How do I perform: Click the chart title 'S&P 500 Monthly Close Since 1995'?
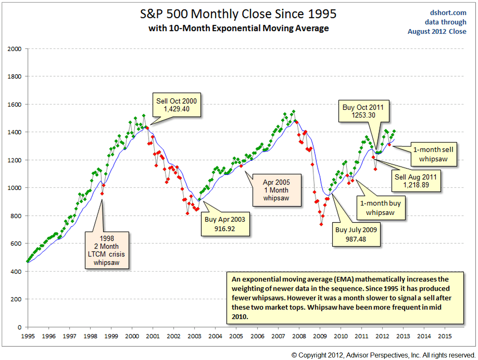(239, 14)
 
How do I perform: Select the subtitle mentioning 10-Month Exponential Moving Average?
(239, 28)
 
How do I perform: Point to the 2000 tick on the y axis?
(15, 49)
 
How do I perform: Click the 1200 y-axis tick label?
(15, 160)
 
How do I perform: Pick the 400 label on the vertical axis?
(16, 271)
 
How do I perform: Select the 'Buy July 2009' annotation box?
(357, 234)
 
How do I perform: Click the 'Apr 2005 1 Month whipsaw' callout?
(276, 190)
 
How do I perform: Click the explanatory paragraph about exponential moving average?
(345, 297)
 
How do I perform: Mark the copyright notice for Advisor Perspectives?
(383, 355)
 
